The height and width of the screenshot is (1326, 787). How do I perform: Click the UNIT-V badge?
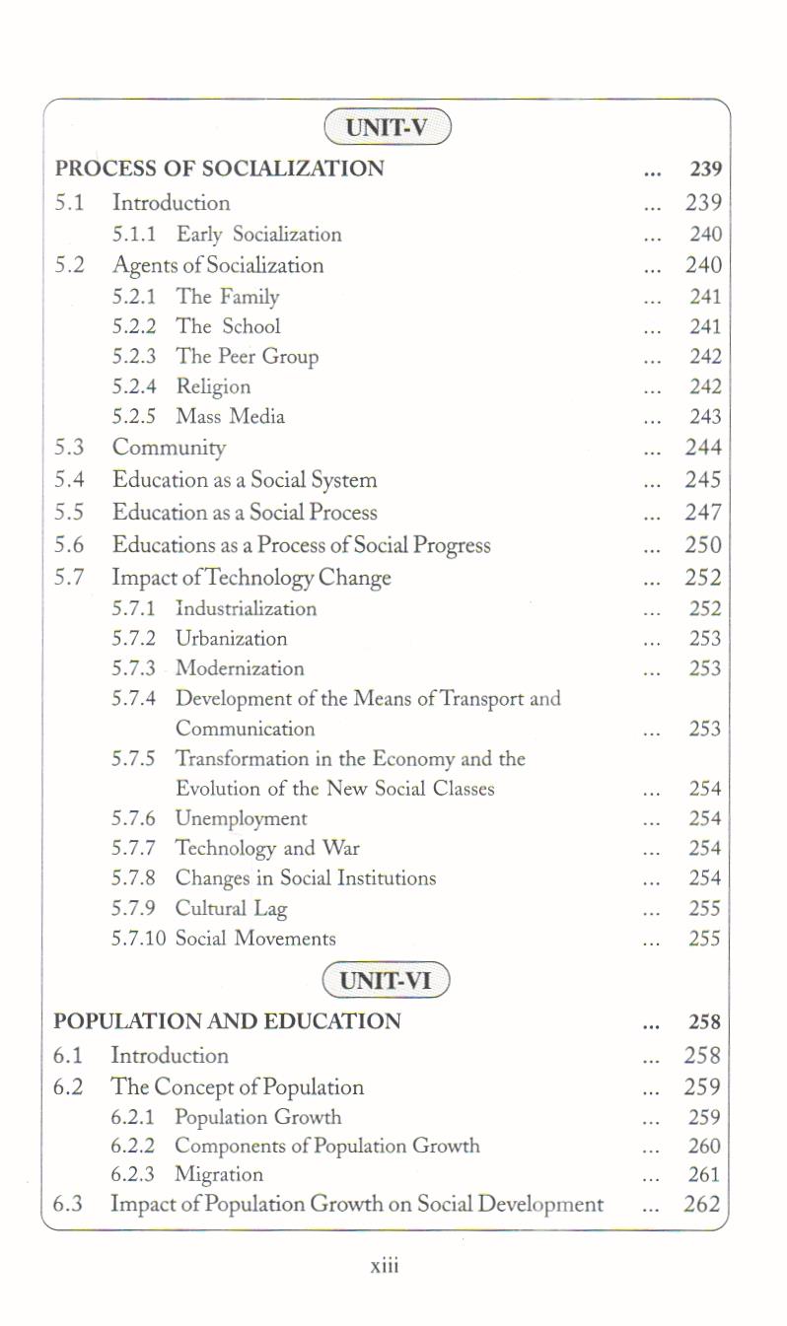(387, 128)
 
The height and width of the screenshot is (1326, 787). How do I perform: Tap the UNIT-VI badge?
(386, 981)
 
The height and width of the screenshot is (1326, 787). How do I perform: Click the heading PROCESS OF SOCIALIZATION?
(219, 169)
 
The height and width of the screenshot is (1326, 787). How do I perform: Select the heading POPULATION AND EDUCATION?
(227, 1021)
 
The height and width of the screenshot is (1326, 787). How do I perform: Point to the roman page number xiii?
(384, 1266)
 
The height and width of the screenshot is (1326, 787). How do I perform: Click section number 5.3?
(69, 448)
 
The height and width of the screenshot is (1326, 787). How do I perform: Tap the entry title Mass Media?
(230, 417)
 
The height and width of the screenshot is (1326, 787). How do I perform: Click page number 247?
(703, 513)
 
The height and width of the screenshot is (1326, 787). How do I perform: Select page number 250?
(703, 545)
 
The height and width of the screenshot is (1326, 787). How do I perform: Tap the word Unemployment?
(241, 818)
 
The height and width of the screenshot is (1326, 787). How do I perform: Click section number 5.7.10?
(139, 939)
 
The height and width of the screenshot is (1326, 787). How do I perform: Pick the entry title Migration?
(219, 1174)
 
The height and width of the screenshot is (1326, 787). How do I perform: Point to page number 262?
(702, 1204)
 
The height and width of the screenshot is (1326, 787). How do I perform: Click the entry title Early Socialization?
(258, 235)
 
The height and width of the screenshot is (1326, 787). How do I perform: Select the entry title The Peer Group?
(247, 357)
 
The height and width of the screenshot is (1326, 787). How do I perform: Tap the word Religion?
(213, 386)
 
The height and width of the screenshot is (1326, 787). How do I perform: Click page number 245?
(703, 480)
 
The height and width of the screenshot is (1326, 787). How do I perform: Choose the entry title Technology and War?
(267, 848)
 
